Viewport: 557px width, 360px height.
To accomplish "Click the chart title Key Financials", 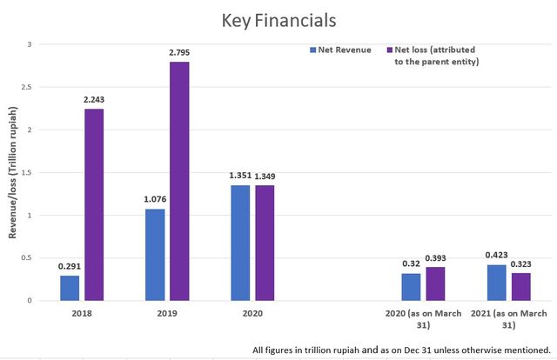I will click(x=278, y=19).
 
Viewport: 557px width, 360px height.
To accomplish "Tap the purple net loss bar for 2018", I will click(x=95, y=204).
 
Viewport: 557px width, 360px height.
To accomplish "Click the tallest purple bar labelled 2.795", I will click(x=180, y=181).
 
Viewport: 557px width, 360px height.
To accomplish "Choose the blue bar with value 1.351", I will click(x=240, y=243).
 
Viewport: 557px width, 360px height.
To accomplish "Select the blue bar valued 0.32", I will click(x=411, y=287).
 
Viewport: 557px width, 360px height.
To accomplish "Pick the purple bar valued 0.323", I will click(x=520, y=287).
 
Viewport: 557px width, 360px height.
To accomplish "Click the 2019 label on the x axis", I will click(x=168, y=312).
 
